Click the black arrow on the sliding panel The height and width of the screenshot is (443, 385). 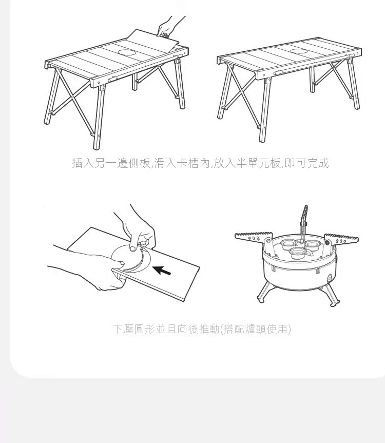[162, 271]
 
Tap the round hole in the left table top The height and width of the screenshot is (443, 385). [127, 52]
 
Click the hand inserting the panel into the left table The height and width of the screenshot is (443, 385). [169, 26]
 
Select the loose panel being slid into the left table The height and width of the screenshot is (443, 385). [153, 41]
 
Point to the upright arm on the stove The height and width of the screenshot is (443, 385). [304, 223]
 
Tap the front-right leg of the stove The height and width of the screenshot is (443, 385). [331, 295]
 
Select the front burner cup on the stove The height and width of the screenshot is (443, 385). [298, 254]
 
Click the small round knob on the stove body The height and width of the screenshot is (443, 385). [330, 278]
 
